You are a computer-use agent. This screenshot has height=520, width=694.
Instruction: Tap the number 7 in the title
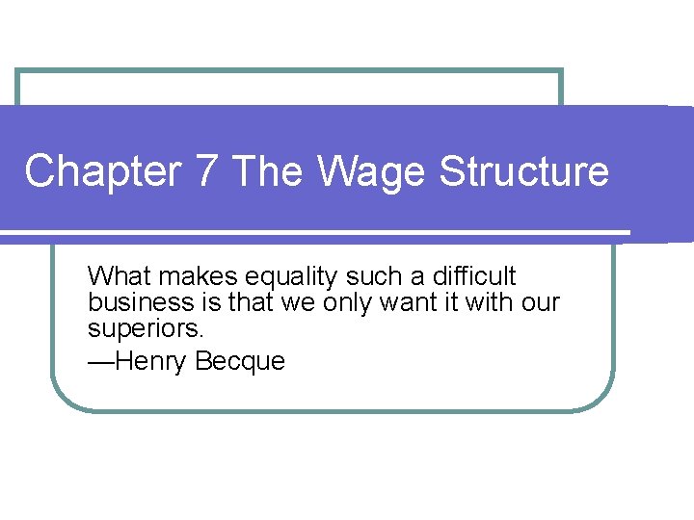(206, 171)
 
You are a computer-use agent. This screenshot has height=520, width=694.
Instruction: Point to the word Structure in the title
(524, 171)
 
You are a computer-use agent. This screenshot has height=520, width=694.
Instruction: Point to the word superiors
(146, 329)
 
